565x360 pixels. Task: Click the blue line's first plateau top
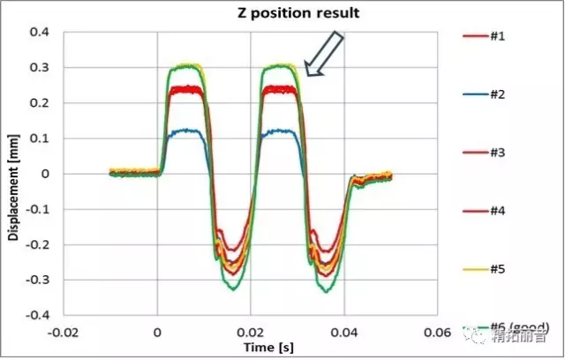click(x=181, y=131)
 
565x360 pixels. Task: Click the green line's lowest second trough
click(x=326, y=292)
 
